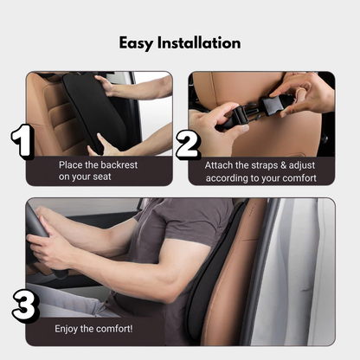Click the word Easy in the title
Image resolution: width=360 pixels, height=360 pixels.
click(x=138, y=42)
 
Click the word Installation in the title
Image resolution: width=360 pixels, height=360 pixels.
click(x=202, y=42)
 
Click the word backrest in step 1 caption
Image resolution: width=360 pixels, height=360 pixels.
click(x=120, y=164)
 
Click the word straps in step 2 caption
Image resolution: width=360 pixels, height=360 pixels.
click(x=266, y=164)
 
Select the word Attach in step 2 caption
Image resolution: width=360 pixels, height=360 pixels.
click(x=221, y=164)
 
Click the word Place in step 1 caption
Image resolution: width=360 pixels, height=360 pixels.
click(x=74, y=164)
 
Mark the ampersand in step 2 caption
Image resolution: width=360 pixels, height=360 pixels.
click(x=289, y=164)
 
